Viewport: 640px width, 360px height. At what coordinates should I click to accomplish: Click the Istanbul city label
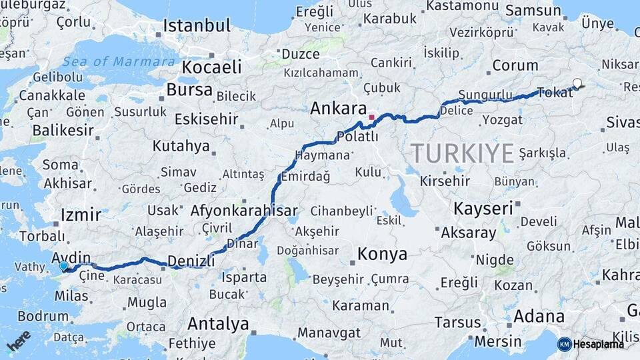[x=197, y=26]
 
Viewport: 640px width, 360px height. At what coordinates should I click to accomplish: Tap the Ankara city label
[x=339, y=108]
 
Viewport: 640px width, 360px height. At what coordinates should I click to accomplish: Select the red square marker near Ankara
[x=371, y=117]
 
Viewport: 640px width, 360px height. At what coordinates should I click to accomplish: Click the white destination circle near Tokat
[x=577, y=84]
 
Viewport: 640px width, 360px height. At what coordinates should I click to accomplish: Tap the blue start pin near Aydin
[x=63, y=266]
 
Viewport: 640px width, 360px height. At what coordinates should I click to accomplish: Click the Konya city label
[x=382, y=254]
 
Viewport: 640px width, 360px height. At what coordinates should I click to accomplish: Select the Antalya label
[x=218, y=324]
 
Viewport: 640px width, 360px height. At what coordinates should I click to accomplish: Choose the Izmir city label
[x=81, y=215]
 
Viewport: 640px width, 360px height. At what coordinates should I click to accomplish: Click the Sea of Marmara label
[x=119, y=61]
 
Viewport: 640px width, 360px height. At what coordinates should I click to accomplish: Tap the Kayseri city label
[x=483, y=208]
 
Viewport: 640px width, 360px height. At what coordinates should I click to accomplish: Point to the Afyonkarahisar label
[x=244, y=211]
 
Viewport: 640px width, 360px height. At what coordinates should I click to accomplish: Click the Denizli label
[x=191, y=260]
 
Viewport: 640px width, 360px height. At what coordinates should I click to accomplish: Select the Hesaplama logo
[x=591, y=344]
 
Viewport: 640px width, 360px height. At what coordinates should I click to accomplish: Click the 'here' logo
[x=19, y=340]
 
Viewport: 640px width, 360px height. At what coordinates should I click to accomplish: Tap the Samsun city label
[x=533, y=11]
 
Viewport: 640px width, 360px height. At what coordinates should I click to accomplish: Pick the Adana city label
[x=539, y=316]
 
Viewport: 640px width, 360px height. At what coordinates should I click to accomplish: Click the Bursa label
[x=189, y=89]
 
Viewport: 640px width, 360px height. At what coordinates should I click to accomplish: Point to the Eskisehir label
[x=206, y=119]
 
